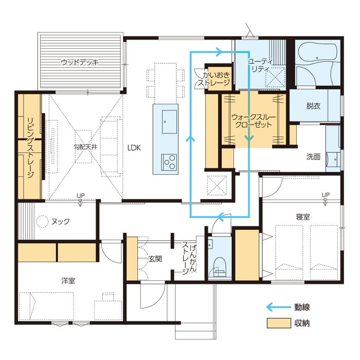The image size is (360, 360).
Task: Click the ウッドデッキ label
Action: point(80,62)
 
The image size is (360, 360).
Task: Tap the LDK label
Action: point(134,148)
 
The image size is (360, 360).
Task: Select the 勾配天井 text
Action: point(85,147)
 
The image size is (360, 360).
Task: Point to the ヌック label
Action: point(60,221)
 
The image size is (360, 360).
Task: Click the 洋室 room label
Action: point(68,281)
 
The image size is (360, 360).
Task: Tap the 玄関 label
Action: point(155,259)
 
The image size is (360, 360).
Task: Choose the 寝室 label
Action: point(303,217)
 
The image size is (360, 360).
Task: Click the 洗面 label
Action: point(313,157)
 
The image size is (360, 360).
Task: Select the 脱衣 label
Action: point(313,106)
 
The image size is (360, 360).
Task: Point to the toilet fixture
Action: point(220,267)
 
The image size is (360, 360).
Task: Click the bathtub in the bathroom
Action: point(317,52)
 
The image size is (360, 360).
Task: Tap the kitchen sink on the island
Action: point(169,122)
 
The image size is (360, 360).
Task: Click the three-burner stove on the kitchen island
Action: point(169,162)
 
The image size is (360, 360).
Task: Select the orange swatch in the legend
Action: point(279,323)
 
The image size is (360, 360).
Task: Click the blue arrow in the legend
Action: point(279,307)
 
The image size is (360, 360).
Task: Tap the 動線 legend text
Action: point(302,307)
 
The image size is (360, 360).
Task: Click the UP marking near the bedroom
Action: point(326,195)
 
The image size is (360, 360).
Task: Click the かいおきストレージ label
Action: point(214,79)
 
